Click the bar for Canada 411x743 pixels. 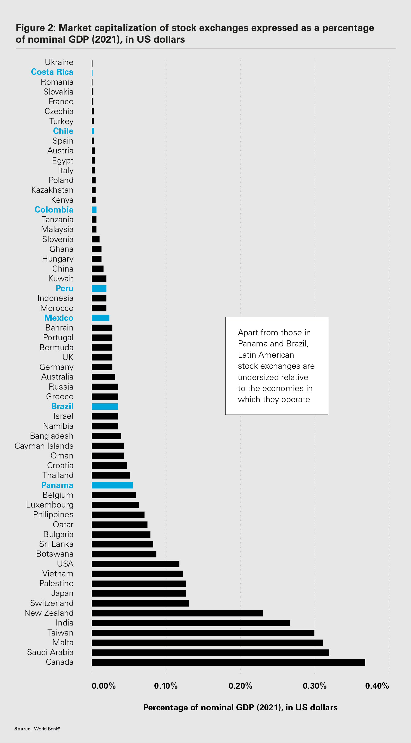228,662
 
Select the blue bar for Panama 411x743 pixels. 112,485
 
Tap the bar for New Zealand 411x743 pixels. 177,613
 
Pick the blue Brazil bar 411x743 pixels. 105,406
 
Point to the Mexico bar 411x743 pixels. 100,318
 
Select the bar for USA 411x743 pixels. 135,564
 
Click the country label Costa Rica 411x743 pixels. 52,72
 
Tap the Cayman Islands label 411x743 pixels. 44,446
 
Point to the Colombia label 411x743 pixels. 54,210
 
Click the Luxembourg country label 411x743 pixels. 50,505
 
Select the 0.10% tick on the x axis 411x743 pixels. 166,686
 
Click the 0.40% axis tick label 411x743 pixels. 377,686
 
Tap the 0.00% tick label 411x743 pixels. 104,686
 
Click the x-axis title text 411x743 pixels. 240,708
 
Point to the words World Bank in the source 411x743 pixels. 46,729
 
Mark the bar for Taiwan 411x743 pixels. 203,633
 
